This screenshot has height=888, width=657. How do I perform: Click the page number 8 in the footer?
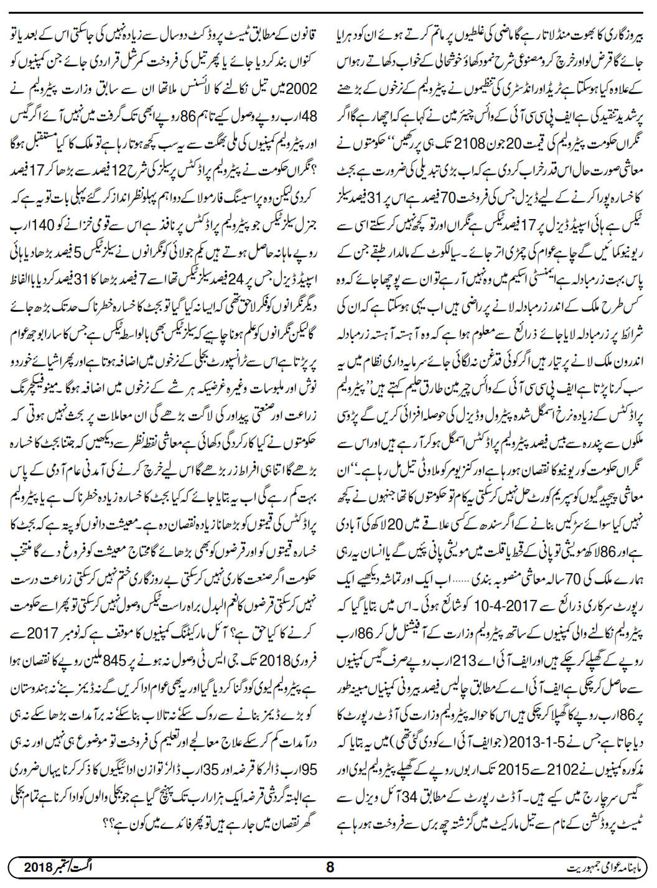[330, 867]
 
